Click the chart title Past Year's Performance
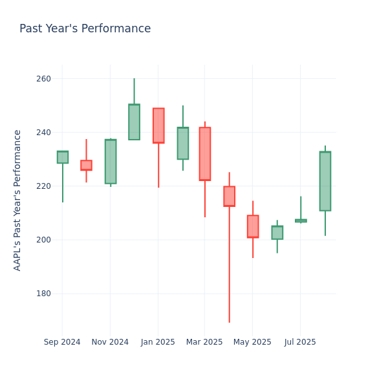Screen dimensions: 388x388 [x=85, y=29]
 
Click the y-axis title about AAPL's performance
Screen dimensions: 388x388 [x=17, y=200]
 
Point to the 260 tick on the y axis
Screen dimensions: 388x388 [x=43, y=79]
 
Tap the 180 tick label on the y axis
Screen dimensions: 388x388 [x=43, y=294]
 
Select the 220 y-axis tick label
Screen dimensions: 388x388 [x=43, y=186]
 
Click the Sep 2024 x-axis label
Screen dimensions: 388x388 [x=62, y=342]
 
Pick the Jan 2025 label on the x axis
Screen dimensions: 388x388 [x=158, y=342]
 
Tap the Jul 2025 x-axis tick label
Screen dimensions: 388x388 [x=300, y=342]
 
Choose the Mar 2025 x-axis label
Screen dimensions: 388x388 [x=205, y=342]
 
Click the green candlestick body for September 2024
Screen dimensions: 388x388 [x=62, y=157]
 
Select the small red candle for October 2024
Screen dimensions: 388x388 [x=86, y=166]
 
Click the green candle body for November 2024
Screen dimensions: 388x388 [x=111, y=162]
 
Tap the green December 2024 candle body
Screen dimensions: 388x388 [x=134, y=122]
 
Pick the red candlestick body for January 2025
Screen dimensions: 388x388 [x=158, y=125]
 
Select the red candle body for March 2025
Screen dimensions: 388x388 [x=205, y=154]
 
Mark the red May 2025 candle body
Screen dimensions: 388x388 [x=253, y=226]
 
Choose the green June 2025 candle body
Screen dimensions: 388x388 [x=277, y=233]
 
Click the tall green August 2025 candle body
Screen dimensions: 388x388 [x=325, y=181]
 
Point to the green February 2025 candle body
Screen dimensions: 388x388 [x=182, y=144]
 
